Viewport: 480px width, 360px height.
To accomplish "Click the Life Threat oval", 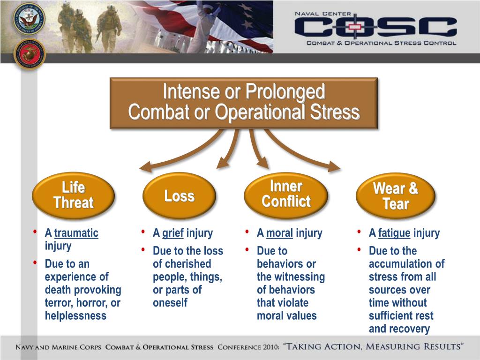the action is click(74, 195).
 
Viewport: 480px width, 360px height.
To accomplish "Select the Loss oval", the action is click(180, 195).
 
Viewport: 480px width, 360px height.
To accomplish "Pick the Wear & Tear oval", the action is click(396, 195).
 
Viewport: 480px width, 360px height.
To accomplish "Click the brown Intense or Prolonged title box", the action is click(244, 103).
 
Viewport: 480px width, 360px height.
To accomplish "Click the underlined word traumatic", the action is click(76, 233).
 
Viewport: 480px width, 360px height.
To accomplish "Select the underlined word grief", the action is click(173, 233).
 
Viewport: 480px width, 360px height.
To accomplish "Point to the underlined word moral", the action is click(279, 233).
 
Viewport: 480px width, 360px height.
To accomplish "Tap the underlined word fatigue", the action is click(394, 233).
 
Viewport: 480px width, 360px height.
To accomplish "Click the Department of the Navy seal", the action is click(29, 19).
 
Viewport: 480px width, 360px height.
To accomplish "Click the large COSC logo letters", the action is click(375, 27).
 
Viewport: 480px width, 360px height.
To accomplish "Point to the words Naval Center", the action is click(323, 14).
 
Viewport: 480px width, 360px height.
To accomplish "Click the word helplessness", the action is click(75, 315).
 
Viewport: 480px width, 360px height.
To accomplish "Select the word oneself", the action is click(170, 303).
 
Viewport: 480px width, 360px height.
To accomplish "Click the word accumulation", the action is click(406, 263).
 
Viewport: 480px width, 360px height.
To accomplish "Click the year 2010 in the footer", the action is click(270, 347).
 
